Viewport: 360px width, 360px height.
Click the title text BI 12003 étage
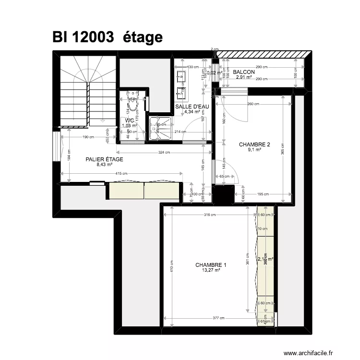(108, 37)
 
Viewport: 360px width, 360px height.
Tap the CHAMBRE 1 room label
(211, 265)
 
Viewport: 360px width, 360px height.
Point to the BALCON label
(244, 72)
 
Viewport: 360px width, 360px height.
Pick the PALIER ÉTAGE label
(104, 159)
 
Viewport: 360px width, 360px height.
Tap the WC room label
(130, 121)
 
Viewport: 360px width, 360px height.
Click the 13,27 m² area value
(211, 270)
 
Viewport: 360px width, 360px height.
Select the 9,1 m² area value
(254, 150)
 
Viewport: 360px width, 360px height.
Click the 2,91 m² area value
(244, 77)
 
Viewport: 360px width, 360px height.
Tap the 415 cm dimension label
(121, 174)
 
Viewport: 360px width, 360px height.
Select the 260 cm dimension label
(254, 104)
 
